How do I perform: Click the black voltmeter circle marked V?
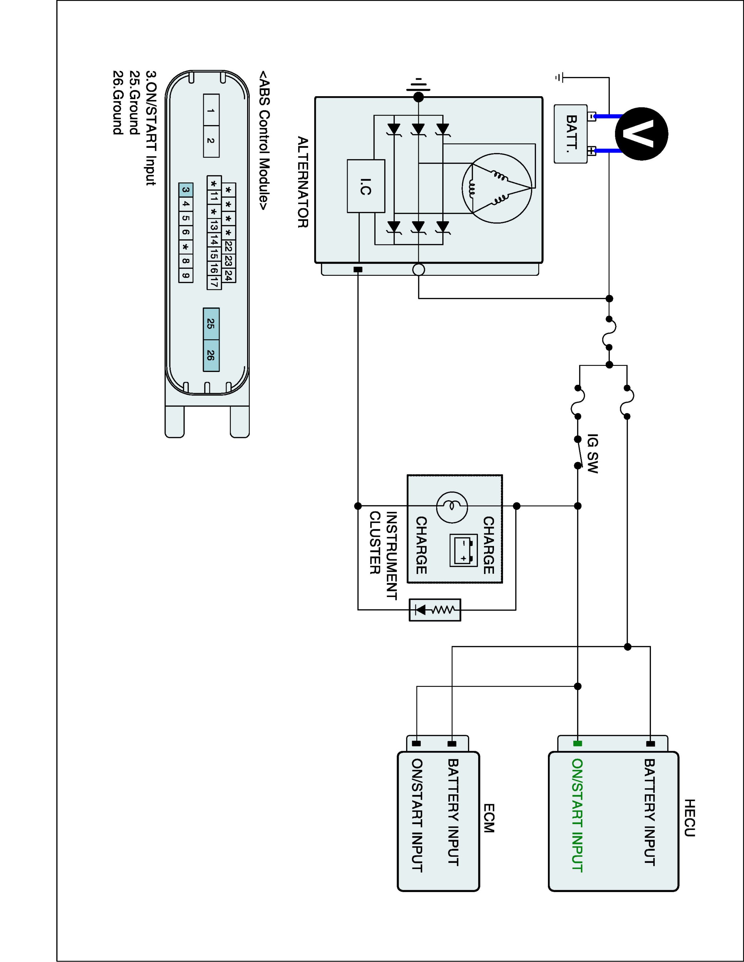coord(641,133)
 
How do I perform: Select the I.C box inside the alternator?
coord(366,186)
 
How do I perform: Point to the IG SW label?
coord(593,454)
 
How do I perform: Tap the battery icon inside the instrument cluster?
coord(463,550)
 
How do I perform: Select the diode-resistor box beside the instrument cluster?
coord(435,610)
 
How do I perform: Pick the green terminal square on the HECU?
coord(577,744)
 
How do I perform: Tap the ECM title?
coord(489,818)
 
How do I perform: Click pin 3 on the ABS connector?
coord(186,190)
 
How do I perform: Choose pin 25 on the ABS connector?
coord(211,324)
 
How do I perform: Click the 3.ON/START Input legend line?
coord(151,128)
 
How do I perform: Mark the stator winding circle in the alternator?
coord(497,188)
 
